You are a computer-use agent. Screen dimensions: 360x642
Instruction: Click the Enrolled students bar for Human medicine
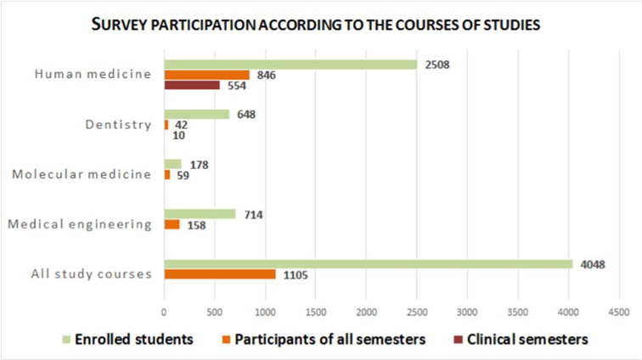pyautogui.click(x=290, y=65)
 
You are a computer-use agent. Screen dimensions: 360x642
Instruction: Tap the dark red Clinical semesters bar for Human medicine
pyautogui.click(x=192, y=85)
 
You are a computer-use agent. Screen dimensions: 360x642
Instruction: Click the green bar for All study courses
pyautogui.click(x=368, y=264)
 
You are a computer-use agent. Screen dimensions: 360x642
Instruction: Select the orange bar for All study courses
pyautogui.click(x=219, y=274)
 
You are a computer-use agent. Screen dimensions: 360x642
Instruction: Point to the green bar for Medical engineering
pyautogui.click(x=200, y=214)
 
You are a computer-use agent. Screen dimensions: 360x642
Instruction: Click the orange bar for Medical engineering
pyautogui.click(x=172, y=225)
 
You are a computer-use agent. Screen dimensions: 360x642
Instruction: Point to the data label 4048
pyautogui.click(x=593, y=264)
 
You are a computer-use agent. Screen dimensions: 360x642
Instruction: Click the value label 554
pyautogui.click(x=236, y=86)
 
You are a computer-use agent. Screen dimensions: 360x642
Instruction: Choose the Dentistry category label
pyautogui.click(x=119, y=125)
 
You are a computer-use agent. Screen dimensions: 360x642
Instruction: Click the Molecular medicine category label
pyautogui.click(x=82, y=175)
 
